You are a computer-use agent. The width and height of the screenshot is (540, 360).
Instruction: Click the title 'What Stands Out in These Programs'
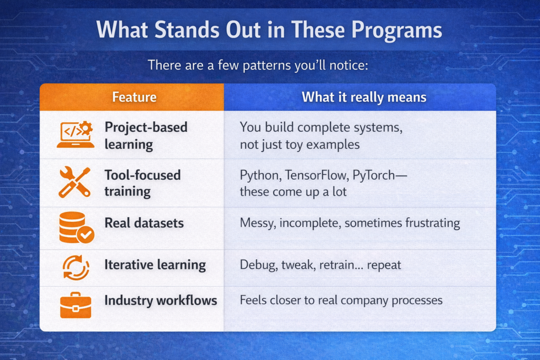(269, 30)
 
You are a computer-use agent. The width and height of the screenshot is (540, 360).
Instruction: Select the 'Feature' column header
(134, 97)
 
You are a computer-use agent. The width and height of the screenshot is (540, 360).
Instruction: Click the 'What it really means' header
(364, 97)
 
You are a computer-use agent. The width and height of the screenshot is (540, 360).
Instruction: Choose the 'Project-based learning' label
(146, 135)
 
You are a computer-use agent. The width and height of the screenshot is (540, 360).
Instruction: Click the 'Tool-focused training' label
(142, 182)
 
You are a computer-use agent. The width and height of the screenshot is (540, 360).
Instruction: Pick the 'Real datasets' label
(144, 223)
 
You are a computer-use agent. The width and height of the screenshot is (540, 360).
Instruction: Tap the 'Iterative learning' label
(155, 265)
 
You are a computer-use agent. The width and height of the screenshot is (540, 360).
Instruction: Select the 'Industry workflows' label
(161, 300)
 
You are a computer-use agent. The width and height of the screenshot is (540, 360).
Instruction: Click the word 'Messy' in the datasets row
(257, 223)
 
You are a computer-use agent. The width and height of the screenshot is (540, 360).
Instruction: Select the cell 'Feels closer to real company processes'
(341, 300)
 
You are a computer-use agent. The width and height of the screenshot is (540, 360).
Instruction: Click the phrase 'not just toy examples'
(300, 144)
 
